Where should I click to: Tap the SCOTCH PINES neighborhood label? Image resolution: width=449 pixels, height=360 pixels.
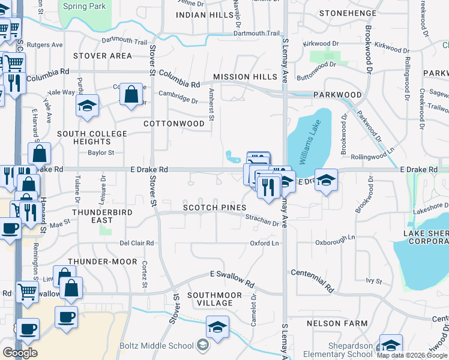(x=215, y=208)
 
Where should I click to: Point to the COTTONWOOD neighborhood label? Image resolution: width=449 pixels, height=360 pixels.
(x=174, y=124)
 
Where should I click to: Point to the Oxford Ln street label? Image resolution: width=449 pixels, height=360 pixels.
(x=264, y=243)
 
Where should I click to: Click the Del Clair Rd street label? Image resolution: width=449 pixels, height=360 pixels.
(x=137, y=243)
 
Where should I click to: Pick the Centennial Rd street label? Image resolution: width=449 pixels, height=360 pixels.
(x=312, y=280)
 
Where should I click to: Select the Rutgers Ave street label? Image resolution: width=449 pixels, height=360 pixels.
(x=49, y=45)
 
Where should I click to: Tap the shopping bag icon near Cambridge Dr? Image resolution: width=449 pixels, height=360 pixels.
(x=131, y=94)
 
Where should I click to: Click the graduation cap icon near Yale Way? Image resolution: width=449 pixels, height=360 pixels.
(x=88, y=106)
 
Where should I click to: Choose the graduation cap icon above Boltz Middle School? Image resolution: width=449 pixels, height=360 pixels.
(x=217, y=327)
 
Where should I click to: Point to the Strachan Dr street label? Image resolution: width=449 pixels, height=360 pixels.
(x=262, y=223)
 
